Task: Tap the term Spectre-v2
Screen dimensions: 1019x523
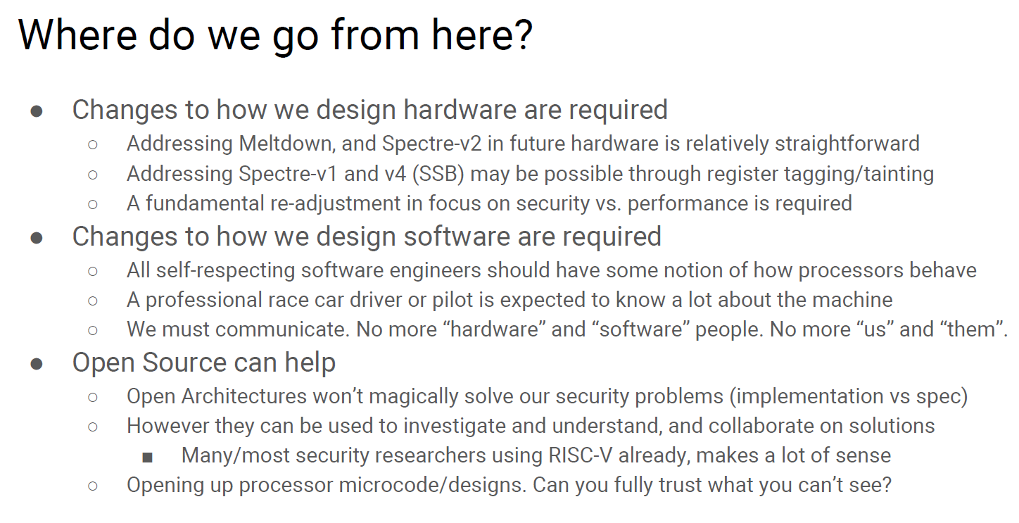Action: (x=431, y=144)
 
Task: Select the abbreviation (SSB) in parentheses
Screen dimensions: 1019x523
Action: (x=438, y=175)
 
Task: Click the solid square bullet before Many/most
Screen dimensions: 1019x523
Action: (x=147, y=457)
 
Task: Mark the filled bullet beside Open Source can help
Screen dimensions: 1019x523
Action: (x=37, y=364)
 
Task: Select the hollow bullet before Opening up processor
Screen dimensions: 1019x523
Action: (x=93, y=486)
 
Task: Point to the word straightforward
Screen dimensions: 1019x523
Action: (x=847, y=144)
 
